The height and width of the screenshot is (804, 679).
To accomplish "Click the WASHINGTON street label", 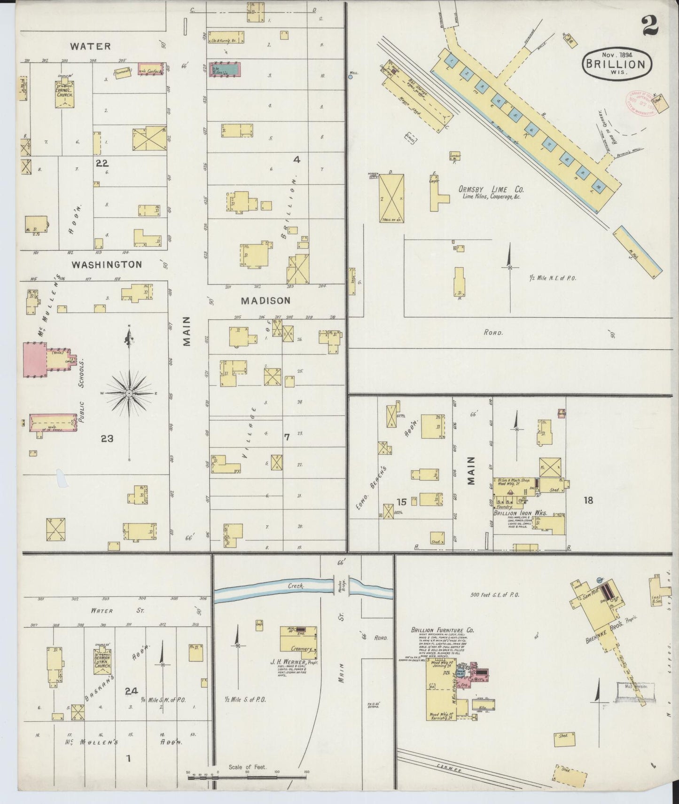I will pyautogui.click(x=107, y=265).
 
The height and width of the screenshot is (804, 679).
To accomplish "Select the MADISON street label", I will pyautogui.click(x=266, y=300).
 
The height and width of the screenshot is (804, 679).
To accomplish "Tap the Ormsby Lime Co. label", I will pyautogui.click(x=491, y=190).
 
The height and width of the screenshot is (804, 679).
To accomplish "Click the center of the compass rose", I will pyautogui.click(x=129, y=392).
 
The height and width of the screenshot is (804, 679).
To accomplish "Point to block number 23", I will pyautogui.click(x=107, y=438).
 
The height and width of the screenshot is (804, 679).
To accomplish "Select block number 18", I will pyautogui.click(x=588, y=500).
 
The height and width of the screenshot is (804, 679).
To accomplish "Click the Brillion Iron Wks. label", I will pyautogui.click(x=521, y=513).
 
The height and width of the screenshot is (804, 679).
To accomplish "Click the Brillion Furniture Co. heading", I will pyautogui.click(x=443, y=630).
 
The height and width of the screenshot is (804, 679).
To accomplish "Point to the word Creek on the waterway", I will pyautogui.click(x=297, y=586).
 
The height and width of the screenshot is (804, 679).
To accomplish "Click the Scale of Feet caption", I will pyautogui.click(x=247, y=767).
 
